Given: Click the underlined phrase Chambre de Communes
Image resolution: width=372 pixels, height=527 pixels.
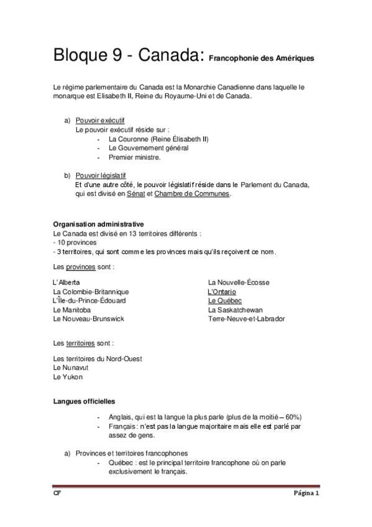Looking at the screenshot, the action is (192, 194).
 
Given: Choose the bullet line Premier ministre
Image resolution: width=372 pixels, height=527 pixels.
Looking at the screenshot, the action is (135, 157).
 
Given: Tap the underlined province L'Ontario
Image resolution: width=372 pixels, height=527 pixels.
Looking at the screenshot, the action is (222, 291).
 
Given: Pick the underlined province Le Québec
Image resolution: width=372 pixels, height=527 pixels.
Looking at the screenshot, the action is (225, 300).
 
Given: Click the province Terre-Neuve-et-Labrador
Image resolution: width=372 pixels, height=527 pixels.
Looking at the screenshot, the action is (247, 318).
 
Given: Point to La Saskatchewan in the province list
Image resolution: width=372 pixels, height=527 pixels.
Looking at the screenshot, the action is (235, 309).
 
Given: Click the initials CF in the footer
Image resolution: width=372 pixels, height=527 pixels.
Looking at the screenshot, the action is (57, 495).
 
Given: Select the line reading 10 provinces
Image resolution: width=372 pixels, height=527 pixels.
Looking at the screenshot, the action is (73, 242).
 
